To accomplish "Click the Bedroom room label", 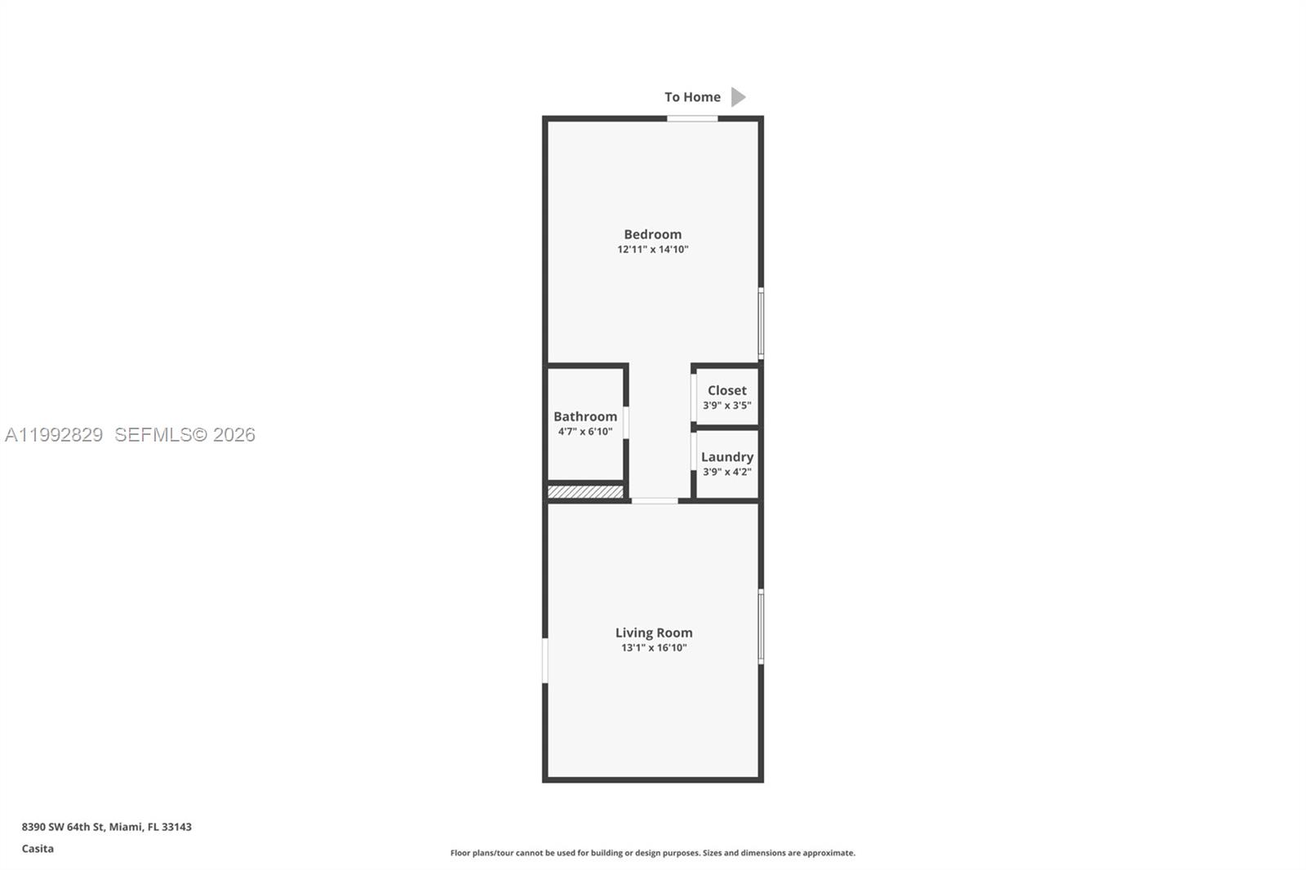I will pyautogui.click(x=652, y=234).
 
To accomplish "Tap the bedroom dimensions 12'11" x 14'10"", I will pyautogui.click(x=652, y=250).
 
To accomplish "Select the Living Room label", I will pyautogui.click(x=653, y=633).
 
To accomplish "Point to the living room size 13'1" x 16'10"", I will pyautogui.click(x=653, y=648).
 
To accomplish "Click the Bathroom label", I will pyautogui.click(x=585, y=416).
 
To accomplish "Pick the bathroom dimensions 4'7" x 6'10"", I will pyautogui.click(x=585, y=432).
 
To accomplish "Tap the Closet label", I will pyautogui.click(x=726, y=390).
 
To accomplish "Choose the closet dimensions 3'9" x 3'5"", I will pyautogui.click(x=726, y=406).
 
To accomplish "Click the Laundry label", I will pyautogui.click(x=726, y=457).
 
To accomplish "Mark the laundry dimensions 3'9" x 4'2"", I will pyautogui.click(x=726, y=473).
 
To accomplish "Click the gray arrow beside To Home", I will pyautogui.click(x=738, y=97).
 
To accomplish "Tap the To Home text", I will pyautogui.click(x=692, y=97).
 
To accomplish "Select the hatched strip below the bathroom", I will pyautogui.click(x=585, y=492).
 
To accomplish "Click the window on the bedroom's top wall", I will pyautogui.click(x=692, y=118).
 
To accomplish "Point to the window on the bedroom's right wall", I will pyautogui.click(x=761, y=323).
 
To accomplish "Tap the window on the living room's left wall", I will pyautogui.click(x=545, y=660).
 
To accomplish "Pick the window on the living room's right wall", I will pyautogui.click(x=761, y=626).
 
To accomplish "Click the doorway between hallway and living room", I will pyautogui.click(x=654, y=500).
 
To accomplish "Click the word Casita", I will pyautogui.click(x=38, y=849).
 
